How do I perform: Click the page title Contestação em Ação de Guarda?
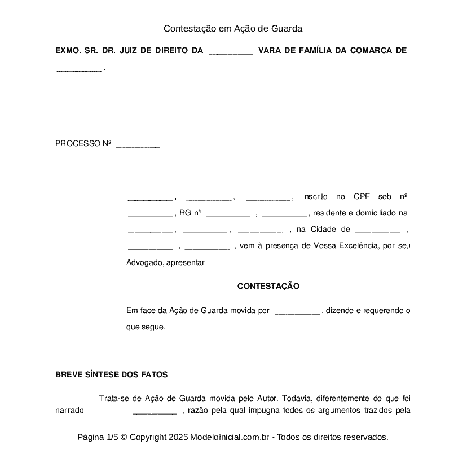pyautogui.click(x=233, y=28)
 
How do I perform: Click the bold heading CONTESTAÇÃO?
pyautogui.click(x=268, y=286)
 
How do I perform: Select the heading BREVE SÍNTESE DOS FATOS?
pyautogui.click(x=111, y=375)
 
